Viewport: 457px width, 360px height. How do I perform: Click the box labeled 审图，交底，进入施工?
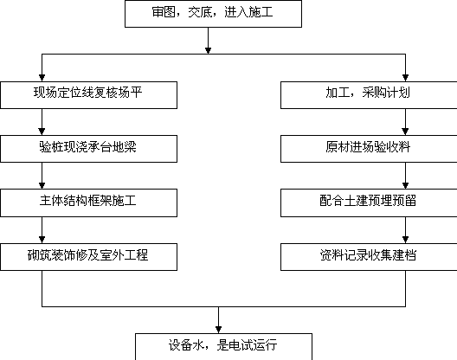point(213,14)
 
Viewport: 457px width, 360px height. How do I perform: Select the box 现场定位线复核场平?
point(88,95)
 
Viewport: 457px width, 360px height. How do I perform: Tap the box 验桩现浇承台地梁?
point(88,149)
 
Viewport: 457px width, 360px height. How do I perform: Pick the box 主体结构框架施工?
point(88,202)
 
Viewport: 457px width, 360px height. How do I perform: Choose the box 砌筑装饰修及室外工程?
point(88,257)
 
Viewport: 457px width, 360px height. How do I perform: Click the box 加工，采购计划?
point(369,95)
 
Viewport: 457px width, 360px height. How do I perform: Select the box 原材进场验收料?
point(369,149)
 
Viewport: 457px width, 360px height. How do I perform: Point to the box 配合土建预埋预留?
point(369,202)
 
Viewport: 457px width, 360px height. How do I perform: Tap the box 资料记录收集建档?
point(369,257)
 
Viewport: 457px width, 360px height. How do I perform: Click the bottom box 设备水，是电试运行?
point(224,347)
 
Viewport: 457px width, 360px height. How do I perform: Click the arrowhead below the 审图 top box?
point(208,51)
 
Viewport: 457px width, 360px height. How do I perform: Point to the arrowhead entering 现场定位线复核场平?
point(42,78)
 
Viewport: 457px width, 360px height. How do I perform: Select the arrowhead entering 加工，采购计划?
point(405,78)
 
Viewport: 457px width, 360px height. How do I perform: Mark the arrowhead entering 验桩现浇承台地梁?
point(42,132)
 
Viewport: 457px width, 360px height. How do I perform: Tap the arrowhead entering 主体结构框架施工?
point(42,185)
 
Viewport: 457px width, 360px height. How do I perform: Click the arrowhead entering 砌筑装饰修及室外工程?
point(42,240)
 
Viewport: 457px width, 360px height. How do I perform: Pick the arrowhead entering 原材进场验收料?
point(405,132)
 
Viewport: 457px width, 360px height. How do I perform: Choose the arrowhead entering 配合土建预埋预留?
point(405,185)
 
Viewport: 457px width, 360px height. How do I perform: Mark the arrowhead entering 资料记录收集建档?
point(405,240)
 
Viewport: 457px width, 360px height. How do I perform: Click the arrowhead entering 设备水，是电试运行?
point(219,330)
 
